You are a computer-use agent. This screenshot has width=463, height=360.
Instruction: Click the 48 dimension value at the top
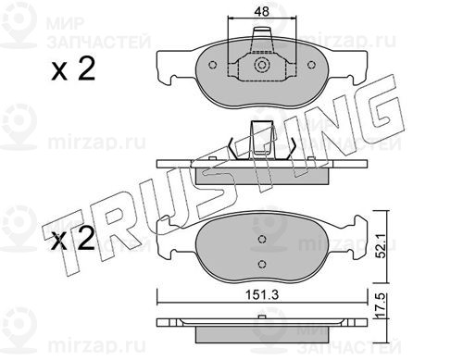[x=262, y=11]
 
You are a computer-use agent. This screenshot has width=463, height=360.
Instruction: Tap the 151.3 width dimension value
[x=262, y=295]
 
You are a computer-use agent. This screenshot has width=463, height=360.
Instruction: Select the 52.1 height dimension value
[x=382, y=245]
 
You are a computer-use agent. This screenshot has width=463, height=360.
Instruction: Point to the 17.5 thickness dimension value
[x=382, y=305]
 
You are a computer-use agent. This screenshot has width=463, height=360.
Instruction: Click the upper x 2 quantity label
[x=73, y=68]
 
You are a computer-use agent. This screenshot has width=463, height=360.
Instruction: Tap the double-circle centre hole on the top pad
[x=262, y=65]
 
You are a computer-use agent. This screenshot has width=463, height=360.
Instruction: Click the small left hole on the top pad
[x=212, y=65]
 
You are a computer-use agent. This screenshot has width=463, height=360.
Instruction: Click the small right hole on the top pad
[x=312, y=65]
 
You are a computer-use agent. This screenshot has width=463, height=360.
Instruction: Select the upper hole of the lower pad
[x=262, y=239]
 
